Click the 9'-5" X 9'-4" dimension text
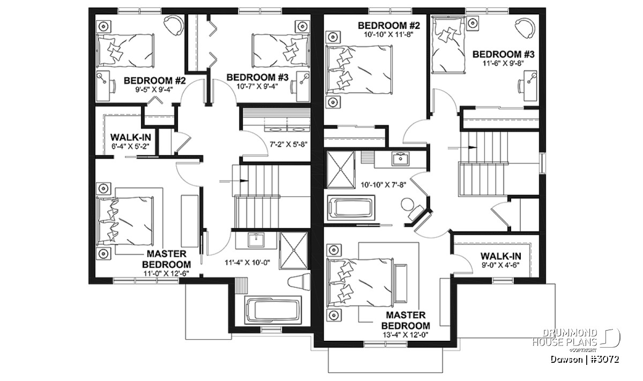pyautogui.click(x=154, y=89)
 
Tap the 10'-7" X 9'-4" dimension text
pyautogui.click(x=257, y=86)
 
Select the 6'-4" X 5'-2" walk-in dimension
pyautogui.click(x=131, y=146)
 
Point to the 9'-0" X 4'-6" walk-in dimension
pyautogui.click(x=501, y=265)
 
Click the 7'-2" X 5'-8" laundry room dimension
pyautogui.click(x=289, y=144)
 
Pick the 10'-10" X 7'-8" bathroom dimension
pyautogui.click(x=384, y=185)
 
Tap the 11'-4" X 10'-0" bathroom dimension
pyautogui.click(x=248, y=263)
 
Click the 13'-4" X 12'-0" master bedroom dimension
pyautogui.click(x=405, y=335)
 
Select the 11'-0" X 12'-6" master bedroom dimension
pyautogui.click(x=167, y=273)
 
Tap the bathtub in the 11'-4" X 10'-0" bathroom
pyautogui.click(x=273, y=311)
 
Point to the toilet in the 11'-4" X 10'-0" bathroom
pyautogui.click(x=299, y=282)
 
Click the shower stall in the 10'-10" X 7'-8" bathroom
pyautogui.click(x=341, y=170)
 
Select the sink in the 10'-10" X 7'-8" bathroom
pyautogui.click(x=400, y=159)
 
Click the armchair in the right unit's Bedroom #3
pyautogui.click(x=525, y=28)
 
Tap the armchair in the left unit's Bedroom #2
pyautogui.click(x=174, y=25)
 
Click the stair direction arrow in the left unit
pyautogui.click(x=234, y=181)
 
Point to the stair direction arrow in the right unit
pyautogui.click(x=463, y=147)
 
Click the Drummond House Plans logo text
pyautogui.click(x=565, y=338)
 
